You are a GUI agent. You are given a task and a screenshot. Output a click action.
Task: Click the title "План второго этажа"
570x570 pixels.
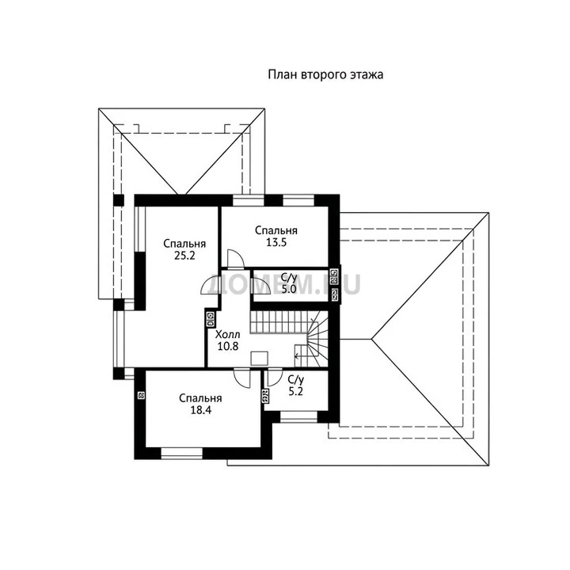325,75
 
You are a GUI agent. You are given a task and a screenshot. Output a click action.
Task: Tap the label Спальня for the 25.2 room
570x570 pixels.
184,243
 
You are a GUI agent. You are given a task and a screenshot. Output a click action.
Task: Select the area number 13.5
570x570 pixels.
276,242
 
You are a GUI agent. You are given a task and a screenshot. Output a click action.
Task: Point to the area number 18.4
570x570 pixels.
200,410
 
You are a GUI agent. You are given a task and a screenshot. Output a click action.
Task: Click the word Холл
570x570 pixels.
228,334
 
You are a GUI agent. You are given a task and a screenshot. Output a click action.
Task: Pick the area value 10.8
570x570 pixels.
228,346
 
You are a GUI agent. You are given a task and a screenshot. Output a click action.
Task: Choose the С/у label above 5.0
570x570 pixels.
290,278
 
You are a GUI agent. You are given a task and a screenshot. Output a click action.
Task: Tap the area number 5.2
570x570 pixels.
295,392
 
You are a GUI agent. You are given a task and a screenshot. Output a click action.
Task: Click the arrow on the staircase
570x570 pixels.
298,356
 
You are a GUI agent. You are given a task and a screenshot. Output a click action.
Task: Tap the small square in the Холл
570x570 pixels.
260,358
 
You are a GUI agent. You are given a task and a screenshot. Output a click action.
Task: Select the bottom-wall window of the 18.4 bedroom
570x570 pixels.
182,454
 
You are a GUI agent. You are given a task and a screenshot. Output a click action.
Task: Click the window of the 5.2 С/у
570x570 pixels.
298,417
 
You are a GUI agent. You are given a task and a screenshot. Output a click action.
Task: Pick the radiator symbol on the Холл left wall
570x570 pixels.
211,319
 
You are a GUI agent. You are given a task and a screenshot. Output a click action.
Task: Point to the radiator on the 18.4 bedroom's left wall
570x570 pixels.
142,396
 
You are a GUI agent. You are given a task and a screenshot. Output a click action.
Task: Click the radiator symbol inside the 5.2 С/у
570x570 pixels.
265,397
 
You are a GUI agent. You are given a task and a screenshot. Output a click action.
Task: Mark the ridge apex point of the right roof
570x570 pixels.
371,339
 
